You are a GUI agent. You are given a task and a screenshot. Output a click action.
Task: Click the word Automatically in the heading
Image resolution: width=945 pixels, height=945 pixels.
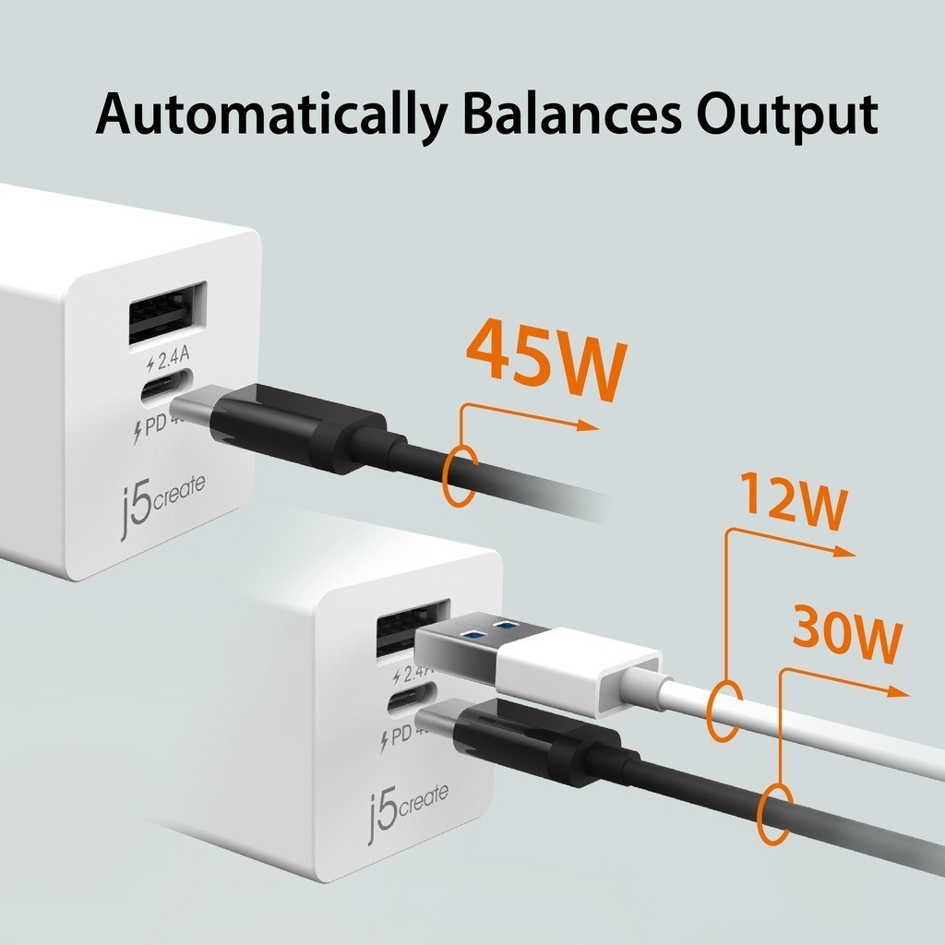[269, 116]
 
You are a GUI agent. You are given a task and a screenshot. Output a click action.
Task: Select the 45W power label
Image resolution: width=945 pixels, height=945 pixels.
[546, 362]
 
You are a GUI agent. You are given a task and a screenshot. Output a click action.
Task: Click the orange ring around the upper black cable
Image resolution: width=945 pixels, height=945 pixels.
[460, 475]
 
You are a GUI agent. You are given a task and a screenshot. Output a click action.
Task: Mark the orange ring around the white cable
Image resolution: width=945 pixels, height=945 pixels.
[724, 711]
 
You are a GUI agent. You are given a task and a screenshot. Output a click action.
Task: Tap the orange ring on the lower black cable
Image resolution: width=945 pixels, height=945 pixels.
[774, 814]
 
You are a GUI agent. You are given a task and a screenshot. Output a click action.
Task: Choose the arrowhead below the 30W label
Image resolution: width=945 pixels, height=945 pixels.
[898, 692]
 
